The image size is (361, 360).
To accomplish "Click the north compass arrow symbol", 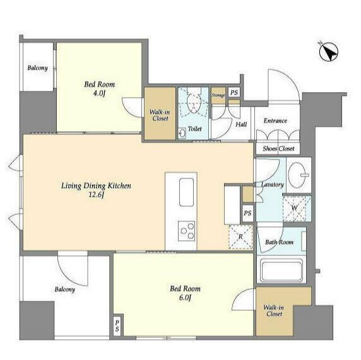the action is pyautogui.click(x=329, y=52).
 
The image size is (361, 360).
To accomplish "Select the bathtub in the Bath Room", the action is pyautogui.click(x=281, y=270).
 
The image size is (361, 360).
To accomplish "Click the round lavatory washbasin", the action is pyautogui.click(x=298, y=175).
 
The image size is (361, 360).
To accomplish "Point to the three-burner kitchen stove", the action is pyautogui.click(x=186, y=231).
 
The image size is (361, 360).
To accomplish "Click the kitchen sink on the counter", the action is pyautogui.click(x=186, y=192).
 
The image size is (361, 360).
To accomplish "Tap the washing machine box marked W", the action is pyautogui.click(x=297, y=209).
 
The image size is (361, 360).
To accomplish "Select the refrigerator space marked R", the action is pyautogui.click(x=240, y=236).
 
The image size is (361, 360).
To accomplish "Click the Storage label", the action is pyautogui.click(x=218, y=95).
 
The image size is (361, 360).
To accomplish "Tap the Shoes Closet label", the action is pyautogui.click(x=278, y=149).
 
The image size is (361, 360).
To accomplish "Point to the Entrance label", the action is pyautogui.click(x=275, y=120).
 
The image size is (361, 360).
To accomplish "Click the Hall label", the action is pyautogui.click(x=241, y=124).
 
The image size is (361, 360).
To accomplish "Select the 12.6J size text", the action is pyautogui.click(x=97, y=195).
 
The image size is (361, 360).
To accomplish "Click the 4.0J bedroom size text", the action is pyautogui.click(x=99, y=93).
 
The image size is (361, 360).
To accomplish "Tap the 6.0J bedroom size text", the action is pyautogui.click(x=185, y=298).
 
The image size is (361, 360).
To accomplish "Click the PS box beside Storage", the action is pyautogui.click(x=234, y=93).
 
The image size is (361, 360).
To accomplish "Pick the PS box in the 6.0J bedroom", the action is pyautogui.click(x=117, y=326).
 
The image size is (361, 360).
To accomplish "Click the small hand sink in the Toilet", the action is pyautogui.click(x=182, y=133).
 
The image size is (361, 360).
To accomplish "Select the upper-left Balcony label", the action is pyautogui.click(x=37, y=68).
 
